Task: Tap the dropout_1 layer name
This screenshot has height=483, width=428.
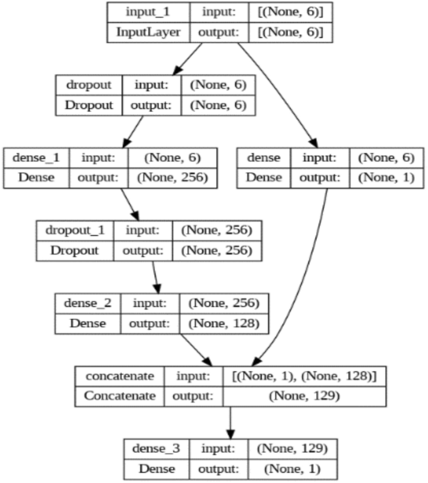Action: pos(75,231)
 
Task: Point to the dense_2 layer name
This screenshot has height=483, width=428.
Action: pos(89,305)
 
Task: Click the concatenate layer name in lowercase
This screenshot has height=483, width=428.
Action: pos(119,378)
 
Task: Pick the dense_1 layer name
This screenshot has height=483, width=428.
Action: pos(36,157)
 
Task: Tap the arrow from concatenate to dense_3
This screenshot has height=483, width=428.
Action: pos(231,421)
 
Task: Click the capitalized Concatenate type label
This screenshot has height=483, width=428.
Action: pos(119,396)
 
